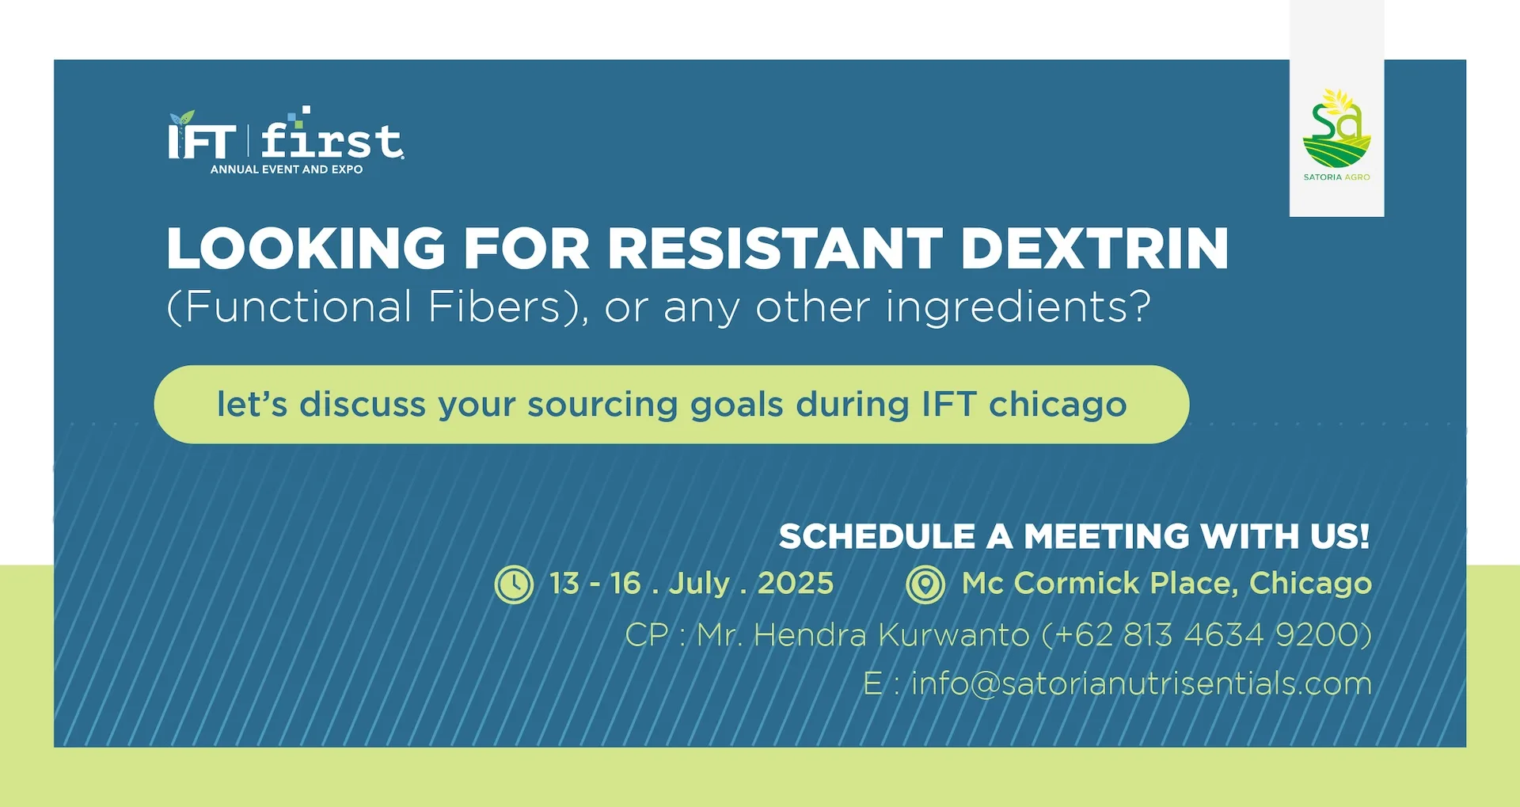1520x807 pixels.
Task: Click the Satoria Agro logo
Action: (x=1336, y=135)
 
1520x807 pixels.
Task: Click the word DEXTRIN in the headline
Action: (x=1094, y=249)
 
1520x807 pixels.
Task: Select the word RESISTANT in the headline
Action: (x=775, y=249)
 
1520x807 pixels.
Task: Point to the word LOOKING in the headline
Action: (x=306, y=249)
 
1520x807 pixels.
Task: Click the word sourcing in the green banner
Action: (x=601, y=405)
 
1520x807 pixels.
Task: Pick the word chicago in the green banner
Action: (x=1058, y=405)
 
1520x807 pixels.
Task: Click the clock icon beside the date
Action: (x=514, y=585)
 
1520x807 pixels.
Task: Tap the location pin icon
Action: (x=925, y=585)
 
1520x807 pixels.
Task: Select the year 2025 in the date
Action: (x=796, y=584)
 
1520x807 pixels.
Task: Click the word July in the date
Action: (x=699, y=584)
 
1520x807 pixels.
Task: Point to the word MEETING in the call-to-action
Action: (x=1107, y=536)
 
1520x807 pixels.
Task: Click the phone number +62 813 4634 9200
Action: (x=1206, y=635)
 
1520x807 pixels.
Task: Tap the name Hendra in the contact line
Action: (x=810, y=635)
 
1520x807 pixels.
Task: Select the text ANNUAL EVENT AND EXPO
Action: (x=287, y=169)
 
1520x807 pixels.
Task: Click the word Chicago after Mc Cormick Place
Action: (x=1310, y=584)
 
